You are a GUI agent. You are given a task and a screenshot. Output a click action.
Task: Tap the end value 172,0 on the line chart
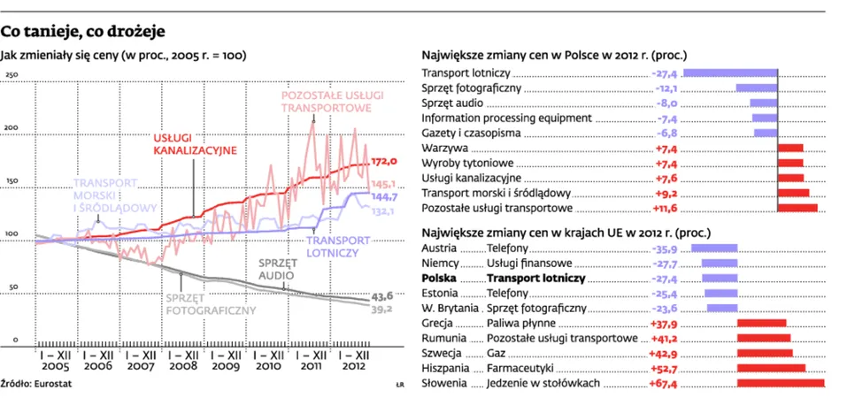(383, 162)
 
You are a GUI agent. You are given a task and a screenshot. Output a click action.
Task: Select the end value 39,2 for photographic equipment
(382, 309)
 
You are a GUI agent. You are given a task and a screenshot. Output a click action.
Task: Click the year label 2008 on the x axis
(182, 365)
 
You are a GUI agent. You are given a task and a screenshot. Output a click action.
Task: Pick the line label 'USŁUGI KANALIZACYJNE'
(193, 144)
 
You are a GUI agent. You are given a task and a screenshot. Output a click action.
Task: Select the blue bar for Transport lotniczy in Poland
(730, 73)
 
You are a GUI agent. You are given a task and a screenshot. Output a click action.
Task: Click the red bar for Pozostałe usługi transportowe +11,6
(797, 209)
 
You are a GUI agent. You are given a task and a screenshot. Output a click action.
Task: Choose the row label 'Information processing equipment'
(506, 118)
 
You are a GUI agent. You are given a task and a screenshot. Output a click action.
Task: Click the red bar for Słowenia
(780, 383)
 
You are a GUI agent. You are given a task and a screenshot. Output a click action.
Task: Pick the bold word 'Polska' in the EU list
(440, 278)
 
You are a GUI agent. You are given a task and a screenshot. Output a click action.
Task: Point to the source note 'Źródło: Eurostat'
(36, 384)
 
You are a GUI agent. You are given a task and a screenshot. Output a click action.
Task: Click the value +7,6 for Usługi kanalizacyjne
(667, 179)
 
